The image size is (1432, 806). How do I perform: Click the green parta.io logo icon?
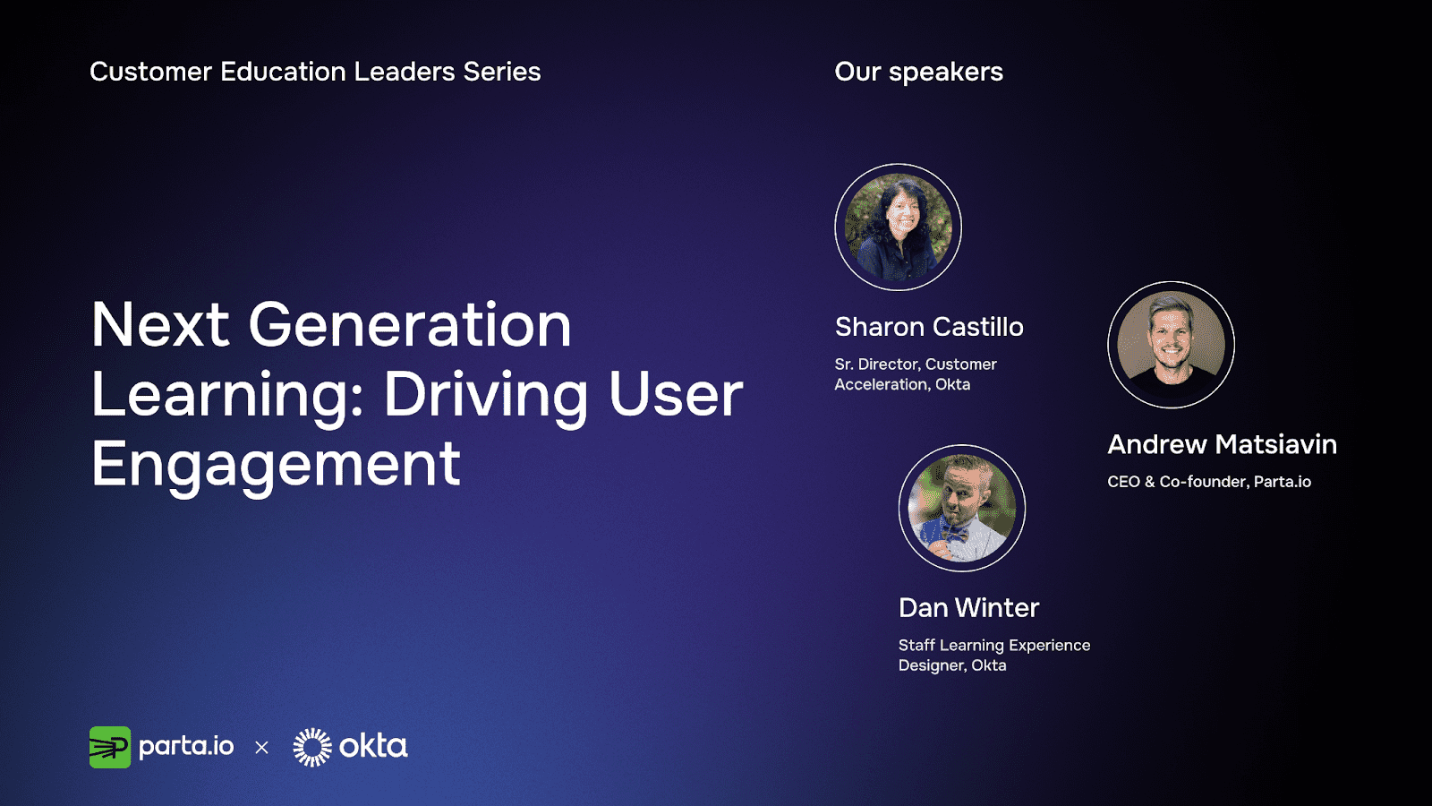pyautogui.click(x=110, y=747)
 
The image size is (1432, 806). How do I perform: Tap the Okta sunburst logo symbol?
pyautogui.click(x=312, y=747)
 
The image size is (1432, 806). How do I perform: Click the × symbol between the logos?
pyautogui.click(x=261, y=747)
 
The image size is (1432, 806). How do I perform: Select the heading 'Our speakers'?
pyautogui.click(x=918, y=73)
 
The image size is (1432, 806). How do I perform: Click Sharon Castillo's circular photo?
pyautogui.click(x=899, y=227)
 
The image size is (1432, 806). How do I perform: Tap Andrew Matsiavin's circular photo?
pyautogui.click(x=1172, y=345)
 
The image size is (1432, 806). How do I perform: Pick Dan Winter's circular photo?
pyautogui.click(x=962, y=508)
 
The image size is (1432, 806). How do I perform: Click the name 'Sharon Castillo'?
pyautogui.click(x=929, y=327)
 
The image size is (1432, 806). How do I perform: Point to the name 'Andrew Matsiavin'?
pyautogui.click(x=1222, y=444)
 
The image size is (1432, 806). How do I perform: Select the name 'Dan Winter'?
pyautogui.click(x=968, y=608)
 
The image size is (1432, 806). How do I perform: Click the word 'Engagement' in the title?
pyautogui.click(x=276, y=466)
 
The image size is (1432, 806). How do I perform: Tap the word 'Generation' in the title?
pyautogui.click(x=409, y=325)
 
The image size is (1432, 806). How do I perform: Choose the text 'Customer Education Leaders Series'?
pyautogui.click(x=315, y=72)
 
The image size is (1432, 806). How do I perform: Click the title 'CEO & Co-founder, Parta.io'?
pyautogui.click(x=1209, y=482)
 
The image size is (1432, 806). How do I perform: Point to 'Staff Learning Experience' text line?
pyautogui.click(x=994, y=645)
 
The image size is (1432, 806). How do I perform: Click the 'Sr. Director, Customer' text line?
pyautogui.click(x=916, y=364)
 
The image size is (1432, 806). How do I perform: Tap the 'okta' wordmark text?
pyautogui.click(x=373, y=747)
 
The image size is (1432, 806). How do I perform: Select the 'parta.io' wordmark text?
pyautogui.click(x=186, y=747)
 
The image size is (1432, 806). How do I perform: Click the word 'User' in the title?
pyautogui.click(x=676, y=395)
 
